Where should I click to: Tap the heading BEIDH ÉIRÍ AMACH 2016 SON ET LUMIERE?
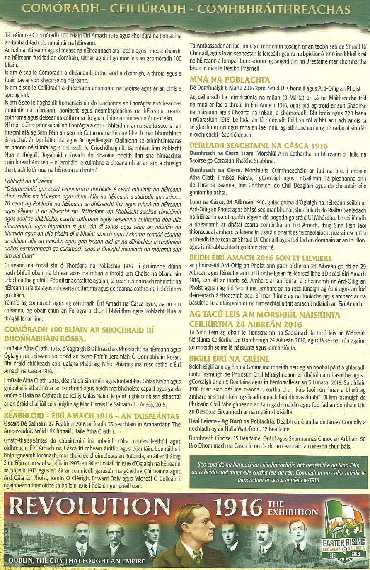(x=261, y=258)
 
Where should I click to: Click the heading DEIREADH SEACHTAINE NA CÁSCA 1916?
(x=259, y=146)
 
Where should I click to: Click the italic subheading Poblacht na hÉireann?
(x=29, y=181)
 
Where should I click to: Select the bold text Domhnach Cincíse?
(x=207, y=438)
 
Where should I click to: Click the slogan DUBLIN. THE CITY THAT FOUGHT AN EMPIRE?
(x=77, y=561)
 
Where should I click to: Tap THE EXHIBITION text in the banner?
(x=293, y=509)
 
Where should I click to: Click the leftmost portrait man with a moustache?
(x=82, y=539)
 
